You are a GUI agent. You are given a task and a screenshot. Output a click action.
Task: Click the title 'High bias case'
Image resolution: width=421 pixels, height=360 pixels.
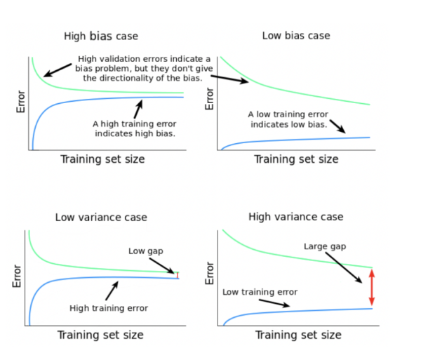(101, 36)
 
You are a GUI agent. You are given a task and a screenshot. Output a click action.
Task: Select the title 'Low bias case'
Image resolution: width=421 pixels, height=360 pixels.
(295, 35)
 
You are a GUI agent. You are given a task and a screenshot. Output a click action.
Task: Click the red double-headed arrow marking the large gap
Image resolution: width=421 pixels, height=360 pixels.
(372, 287)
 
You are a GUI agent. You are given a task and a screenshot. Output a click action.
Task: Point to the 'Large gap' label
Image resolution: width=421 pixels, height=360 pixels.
(325, 246)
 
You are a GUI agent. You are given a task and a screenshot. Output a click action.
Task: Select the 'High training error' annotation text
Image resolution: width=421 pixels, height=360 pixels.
(109, 307)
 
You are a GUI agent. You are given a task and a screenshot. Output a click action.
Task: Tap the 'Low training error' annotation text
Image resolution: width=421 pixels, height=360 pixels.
(260, 291)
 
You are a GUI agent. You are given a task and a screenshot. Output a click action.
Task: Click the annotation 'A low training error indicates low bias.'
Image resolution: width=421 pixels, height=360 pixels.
(287, 119)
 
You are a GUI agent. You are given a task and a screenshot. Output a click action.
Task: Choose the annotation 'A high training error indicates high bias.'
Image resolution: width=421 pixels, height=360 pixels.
(134, 128)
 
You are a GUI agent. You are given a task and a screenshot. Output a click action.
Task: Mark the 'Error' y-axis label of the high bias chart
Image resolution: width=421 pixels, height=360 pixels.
(21, 102)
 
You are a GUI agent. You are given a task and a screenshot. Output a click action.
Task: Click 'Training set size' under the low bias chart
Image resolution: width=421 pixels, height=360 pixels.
(295, 159)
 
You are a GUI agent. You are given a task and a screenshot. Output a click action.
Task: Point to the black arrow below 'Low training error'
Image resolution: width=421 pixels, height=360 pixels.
(274, 303)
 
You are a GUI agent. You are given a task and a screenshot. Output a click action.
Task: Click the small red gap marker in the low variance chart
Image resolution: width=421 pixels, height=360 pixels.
(178, 275)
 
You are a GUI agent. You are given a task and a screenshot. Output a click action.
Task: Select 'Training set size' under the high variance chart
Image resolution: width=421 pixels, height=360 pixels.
(298, 335)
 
